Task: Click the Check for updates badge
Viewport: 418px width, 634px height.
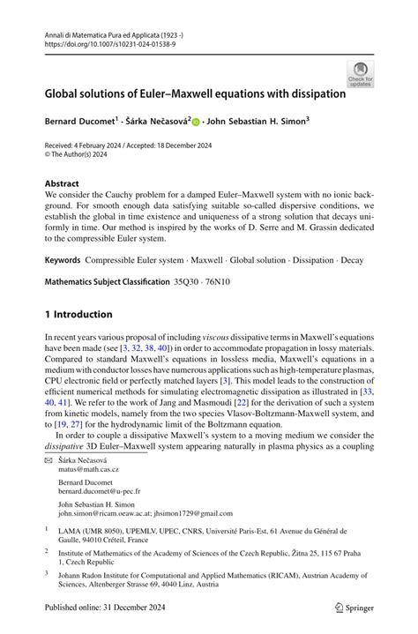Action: [x=360, y=74]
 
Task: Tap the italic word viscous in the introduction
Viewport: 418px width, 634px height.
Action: [x=218, y=337]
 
